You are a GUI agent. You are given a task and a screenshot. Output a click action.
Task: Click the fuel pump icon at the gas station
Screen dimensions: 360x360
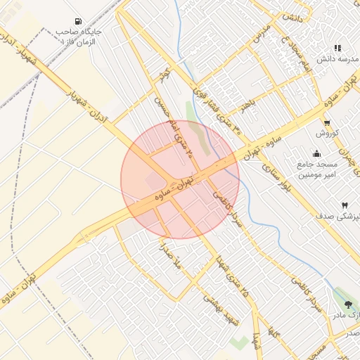coord(76,20)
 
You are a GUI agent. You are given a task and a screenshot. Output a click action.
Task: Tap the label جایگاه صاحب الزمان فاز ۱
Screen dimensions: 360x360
coord(82,37)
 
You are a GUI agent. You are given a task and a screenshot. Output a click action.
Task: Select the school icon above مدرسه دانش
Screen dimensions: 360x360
coord(337,48)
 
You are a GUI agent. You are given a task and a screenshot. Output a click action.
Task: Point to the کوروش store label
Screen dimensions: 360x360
coord(328,133)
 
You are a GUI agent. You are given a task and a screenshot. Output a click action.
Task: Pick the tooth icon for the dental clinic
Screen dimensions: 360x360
coord(345,205)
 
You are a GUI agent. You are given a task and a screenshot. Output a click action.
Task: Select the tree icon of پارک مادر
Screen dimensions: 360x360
coord(349,304)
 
